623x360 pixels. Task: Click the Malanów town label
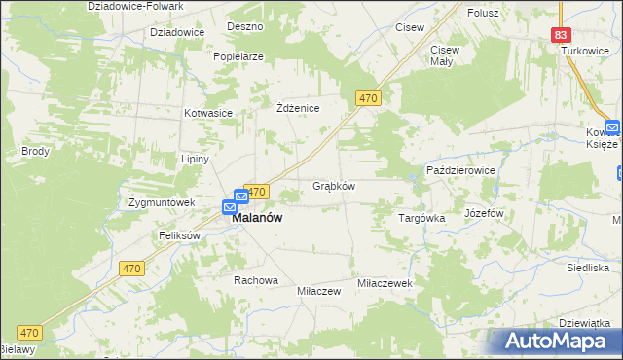[x=257, y=219]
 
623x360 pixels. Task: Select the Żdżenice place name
[x=299, y=108]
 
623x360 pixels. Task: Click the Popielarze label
[x=238, y=56]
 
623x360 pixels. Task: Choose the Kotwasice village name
[x=208, y=113]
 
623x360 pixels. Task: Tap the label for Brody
[x=35, y=152]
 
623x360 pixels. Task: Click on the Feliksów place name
[x=179, y=235]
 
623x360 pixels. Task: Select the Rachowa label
[x=255, y=280]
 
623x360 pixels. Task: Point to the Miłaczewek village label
[x=386, y=282]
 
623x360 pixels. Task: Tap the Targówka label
[x=421, y=218]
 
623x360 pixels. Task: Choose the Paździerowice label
[x=461, y=170]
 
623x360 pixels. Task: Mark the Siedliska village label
[x=588, y=267]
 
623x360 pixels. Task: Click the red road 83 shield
[x=560, y=34]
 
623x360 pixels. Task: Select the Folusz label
[x=483, y=13]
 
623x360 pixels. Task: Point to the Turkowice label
[x=583, y=50]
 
